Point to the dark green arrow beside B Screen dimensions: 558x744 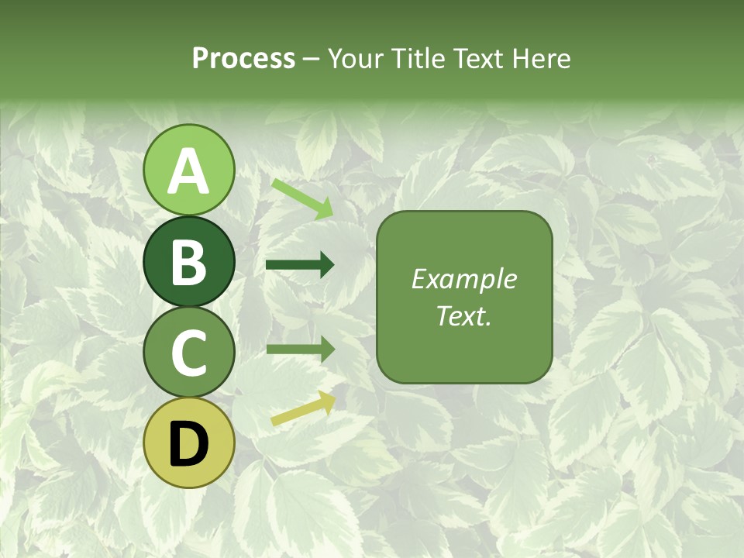300,265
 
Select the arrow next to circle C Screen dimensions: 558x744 300,349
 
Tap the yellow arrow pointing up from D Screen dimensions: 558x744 303,409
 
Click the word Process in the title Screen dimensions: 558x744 243,59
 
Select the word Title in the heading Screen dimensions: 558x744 412,59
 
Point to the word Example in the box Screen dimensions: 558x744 463,279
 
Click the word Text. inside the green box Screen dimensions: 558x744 463,316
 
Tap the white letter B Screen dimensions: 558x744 188,263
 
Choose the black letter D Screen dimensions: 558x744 188,444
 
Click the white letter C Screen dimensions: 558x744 188,353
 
